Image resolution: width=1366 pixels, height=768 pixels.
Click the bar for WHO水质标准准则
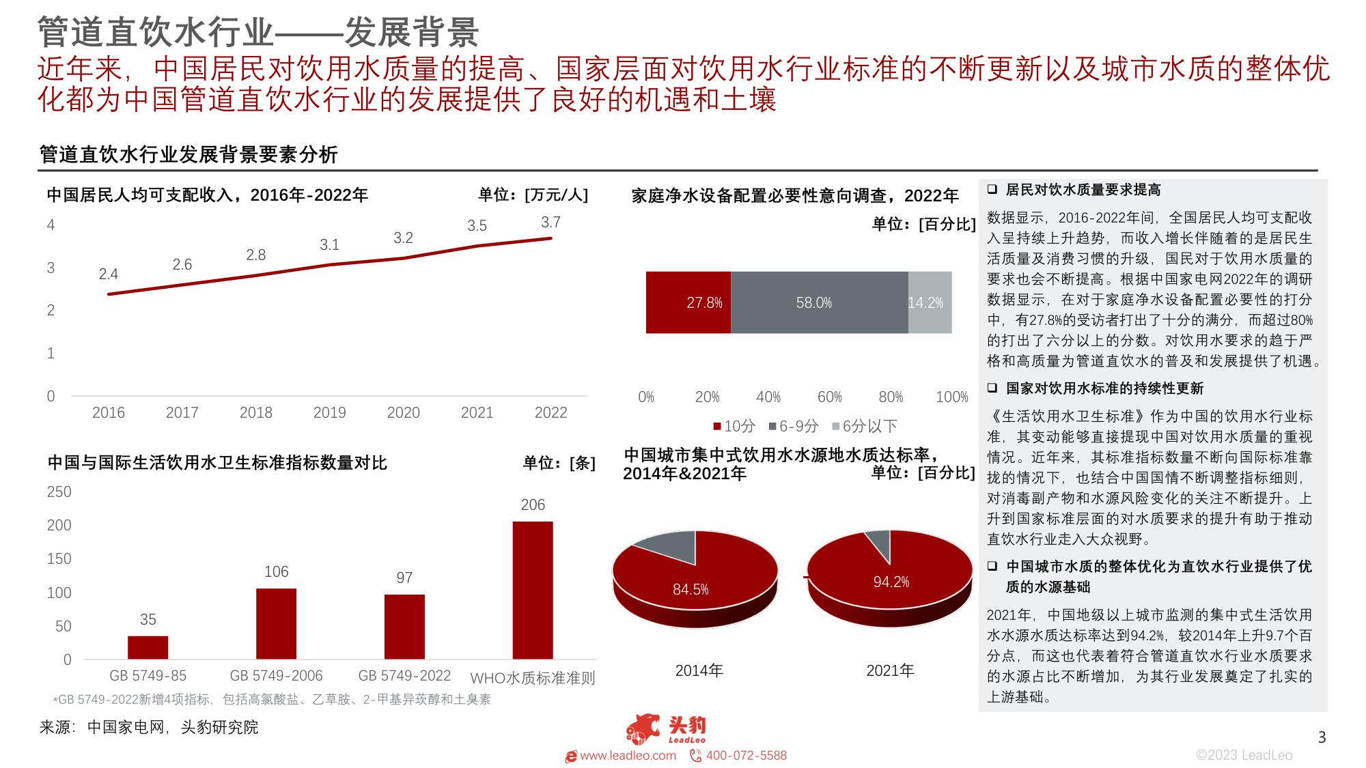click(x=533, y=591)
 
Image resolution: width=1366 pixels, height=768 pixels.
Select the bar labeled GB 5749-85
click(x=148, y=647)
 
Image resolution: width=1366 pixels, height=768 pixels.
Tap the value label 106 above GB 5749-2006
click(x=276, y=571)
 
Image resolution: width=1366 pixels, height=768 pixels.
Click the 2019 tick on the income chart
click(x=329, y=412)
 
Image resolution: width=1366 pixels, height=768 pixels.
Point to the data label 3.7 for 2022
click(x=550, y=223)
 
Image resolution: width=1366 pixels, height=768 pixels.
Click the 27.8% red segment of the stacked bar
click(x=688, y=302)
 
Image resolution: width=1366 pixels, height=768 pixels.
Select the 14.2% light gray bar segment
click(x=929, y=302)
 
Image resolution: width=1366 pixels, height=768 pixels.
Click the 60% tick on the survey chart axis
click(x=829, y=397)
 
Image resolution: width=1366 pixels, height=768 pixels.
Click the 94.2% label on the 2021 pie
click(x=891, y=582)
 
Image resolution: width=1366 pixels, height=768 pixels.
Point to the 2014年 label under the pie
click(x=699, y=670)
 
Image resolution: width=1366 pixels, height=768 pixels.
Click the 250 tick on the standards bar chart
click(x=59, y=492)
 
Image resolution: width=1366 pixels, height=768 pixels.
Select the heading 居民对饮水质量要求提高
click(x=1083, y=190)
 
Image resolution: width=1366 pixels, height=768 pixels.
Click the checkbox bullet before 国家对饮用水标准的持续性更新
click(x=992, y=388)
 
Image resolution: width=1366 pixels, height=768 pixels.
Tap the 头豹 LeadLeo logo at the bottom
click(x=666, y=729)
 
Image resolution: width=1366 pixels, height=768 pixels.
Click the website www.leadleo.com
click(x=627, y=756)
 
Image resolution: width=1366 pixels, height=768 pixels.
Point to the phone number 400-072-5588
click(x=746, y=756)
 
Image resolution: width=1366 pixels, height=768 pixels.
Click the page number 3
click(x=1322, y=737)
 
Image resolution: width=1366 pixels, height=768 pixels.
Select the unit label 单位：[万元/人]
click(x=533, y=195)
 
